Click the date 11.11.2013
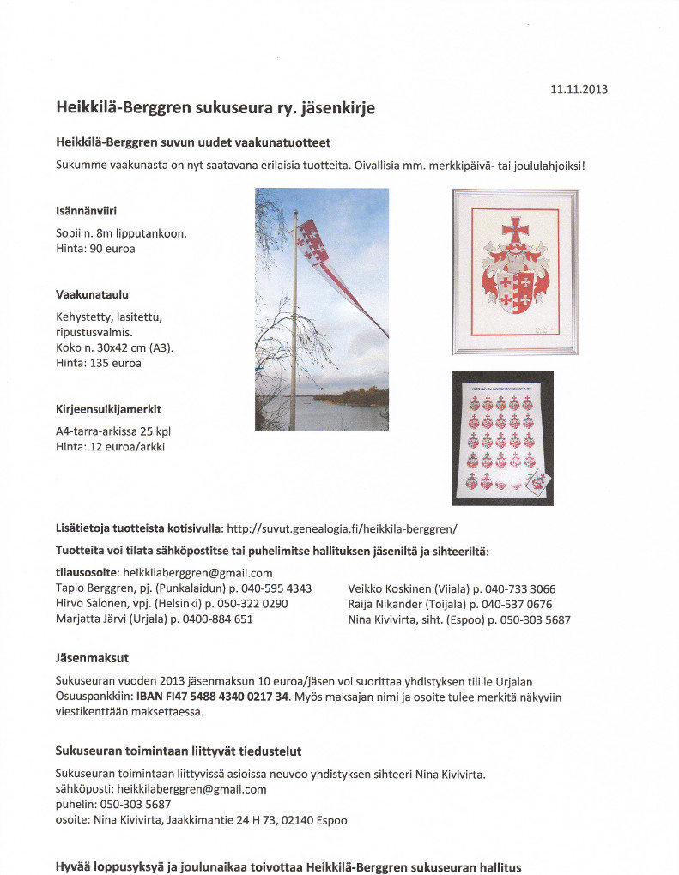pos(579,88)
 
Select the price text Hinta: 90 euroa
pos(95,249)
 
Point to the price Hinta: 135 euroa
pos(99,363)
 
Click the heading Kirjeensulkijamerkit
pos(108,410)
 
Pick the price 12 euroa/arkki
pos(130,447)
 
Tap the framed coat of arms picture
pos(515,271)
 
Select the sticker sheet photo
pos(503,438)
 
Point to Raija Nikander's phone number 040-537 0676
pos(518,604)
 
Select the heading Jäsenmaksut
pos(92,658)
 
